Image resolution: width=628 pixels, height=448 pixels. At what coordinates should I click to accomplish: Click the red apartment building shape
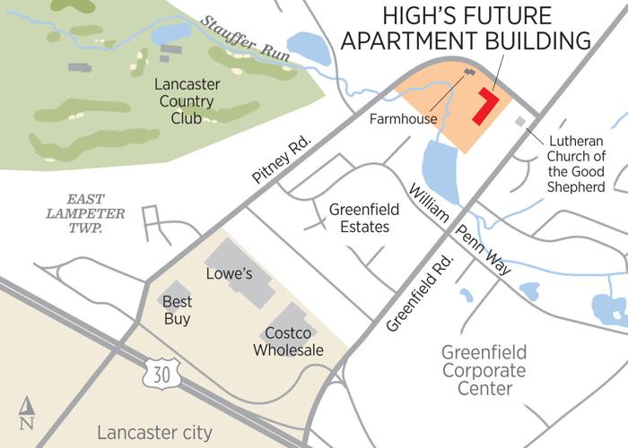(485, 107)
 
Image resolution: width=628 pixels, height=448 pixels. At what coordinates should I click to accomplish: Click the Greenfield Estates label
(359, 218)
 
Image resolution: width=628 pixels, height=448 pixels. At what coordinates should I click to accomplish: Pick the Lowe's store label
(226, 271)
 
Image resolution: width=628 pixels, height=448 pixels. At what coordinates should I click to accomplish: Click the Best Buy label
(177, 310)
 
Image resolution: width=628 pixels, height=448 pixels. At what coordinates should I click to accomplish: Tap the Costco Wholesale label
(288, 341)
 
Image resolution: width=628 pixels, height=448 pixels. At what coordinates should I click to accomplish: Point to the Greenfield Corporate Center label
(484, 370)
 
